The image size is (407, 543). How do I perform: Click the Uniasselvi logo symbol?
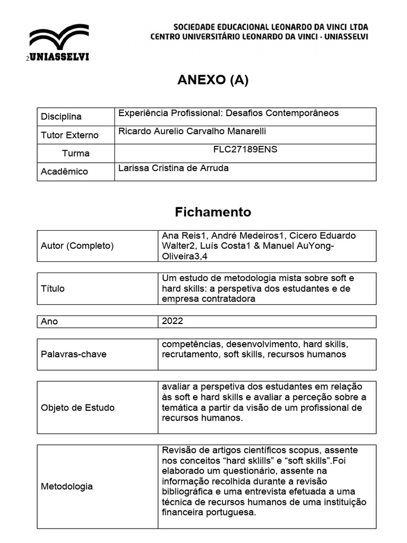59,38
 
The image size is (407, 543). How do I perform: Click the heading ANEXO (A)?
213,80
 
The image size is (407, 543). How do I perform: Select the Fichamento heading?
213,212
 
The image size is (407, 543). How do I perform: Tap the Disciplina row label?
61,117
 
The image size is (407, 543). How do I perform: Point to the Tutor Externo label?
69,135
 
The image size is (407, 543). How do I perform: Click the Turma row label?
76,153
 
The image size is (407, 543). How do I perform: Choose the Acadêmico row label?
64,171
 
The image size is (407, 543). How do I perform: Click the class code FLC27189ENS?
245,149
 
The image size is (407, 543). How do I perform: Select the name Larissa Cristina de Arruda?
174,168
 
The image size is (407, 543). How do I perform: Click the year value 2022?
173,321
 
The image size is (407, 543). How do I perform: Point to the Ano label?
49,321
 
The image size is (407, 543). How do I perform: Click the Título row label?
52,288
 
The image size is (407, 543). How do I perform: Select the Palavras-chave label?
74,354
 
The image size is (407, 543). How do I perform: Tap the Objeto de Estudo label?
77,407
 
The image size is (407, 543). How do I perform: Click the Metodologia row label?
66,486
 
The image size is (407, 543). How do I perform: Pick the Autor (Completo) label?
77,246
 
